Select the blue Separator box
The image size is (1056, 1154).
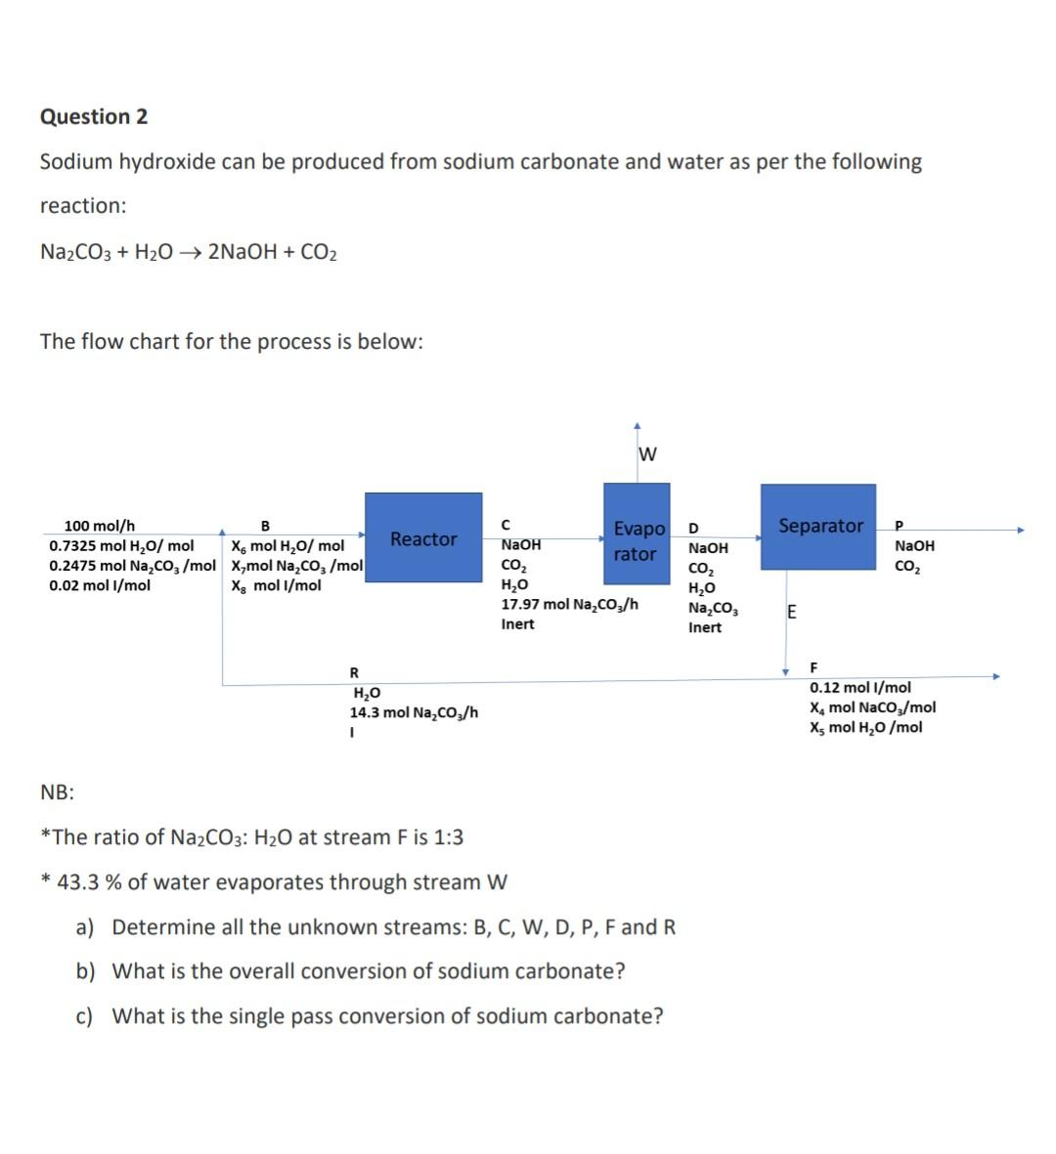818,527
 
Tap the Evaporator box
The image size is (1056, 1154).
637,540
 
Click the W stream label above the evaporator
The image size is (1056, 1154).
647,454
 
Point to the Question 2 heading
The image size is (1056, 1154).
94,116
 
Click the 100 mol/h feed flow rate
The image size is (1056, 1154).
100,526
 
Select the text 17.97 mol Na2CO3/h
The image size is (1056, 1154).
569,605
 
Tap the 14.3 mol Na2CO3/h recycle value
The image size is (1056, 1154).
415,712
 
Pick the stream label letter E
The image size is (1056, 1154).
791,613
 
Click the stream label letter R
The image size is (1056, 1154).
354,672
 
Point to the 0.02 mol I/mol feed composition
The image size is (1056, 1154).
100,585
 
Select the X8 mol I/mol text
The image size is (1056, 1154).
276,585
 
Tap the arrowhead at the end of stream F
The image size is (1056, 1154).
996,675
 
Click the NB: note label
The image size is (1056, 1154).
57,791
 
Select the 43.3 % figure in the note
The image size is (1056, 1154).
90,881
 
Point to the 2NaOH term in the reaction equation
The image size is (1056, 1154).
241,252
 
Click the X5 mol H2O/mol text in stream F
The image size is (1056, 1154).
865,727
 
